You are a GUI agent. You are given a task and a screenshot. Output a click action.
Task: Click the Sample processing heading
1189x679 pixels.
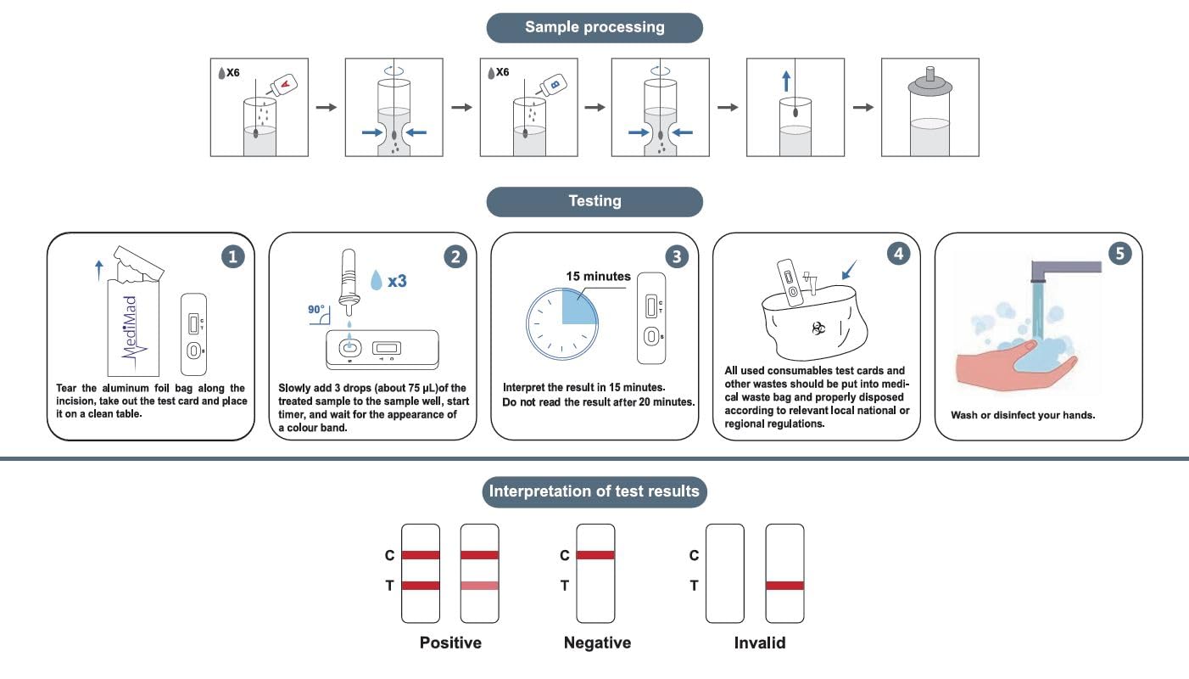(594, 27)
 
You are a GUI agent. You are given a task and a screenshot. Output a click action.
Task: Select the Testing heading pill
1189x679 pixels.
(594, 201)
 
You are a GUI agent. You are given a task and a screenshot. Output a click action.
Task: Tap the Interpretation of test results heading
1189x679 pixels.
(594, 491)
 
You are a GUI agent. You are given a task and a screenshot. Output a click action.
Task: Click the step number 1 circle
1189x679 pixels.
(233, 256)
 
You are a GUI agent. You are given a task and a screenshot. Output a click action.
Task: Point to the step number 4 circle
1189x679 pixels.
(899, 253)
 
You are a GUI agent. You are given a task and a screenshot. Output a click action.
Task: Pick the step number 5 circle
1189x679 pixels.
(1120, 253)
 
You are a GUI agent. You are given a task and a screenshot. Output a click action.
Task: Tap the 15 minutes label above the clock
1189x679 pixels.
(598, 276)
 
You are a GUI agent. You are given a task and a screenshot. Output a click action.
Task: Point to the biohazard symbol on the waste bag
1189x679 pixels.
(818, 327)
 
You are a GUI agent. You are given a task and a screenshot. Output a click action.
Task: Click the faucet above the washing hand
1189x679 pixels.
(1060, 270)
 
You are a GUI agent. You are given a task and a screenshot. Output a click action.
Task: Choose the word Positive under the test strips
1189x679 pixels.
(450, 643)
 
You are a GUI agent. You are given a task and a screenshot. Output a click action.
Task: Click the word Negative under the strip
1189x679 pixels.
(597, 643)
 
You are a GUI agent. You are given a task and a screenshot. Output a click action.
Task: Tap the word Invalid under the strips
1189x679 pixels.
(760, 643)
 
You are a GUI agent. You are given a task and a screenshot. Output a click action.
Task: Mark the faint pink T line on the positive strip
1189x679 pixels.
(479, 586)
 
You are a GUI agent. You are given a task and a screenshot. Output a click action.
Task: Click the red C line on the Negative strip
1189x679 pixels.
(595, 555)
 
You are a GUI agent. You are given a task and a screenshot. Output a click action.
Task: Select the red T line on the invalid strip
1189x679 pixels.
(784, 586)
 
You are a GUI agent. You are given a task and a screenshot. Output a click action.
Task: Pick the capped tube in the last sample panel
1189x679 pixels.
(929, 115)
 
